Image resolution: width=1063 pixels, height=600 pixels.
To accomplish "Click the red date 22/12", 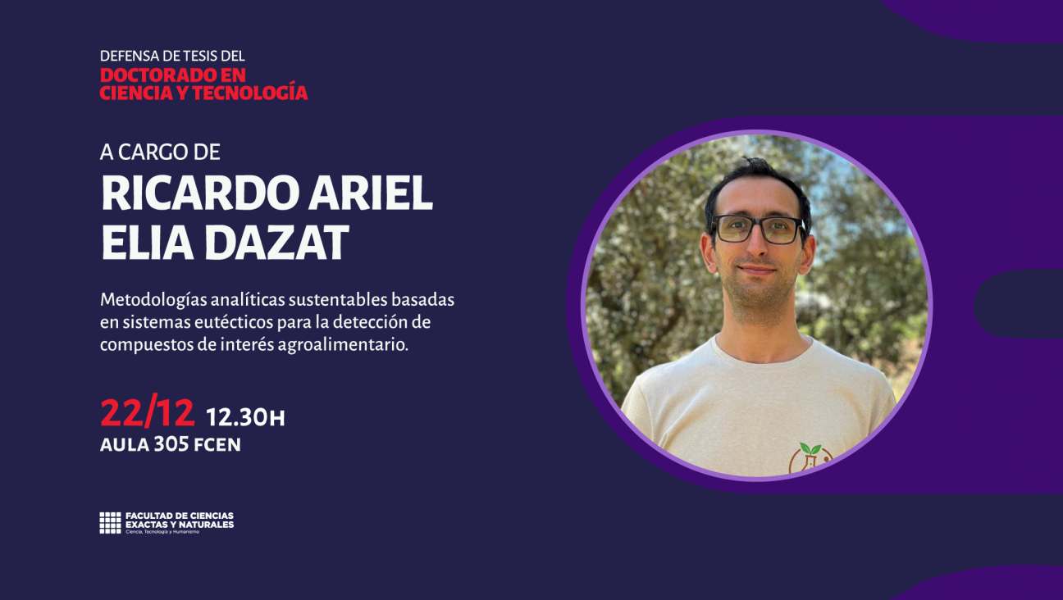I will click(x=148, y=413).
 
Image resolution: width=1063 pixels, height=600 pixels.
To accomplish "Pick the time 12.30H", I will click(x=245, y=417).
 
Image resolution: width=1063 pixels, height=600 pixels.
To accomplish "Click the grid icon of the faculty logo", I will click(x=110, y=523).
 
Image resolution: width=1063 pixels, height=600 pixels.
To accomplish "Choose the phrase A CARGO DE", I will click(x=160, y=152).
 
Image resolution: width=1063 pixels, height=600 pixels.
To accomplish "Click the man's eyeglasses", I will click(x=759, y=229).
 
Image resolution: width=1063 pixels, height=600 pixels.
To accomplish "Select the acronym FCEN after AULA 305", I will click(x=217, y=445).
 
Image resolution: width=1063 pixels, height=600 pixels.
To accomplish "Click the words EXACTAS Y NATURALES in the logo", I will click(x=179, y=525).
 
